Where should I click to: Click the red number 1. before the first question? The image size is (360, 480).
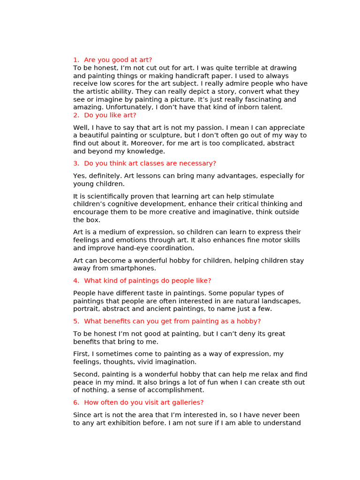76,60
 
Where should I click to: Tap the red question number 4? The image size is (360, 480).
76,281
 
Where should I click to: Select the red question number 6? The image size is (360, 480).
76,403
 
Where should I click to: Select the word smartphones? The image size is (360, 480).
133,269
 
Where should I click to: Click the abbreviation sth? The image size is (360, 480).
285,382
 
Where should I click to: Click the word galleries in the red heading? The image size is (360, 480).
185,403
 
